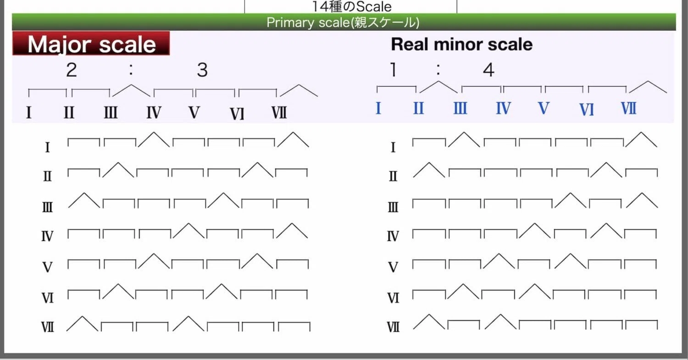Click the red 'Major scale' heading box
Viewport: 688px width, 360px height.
91,43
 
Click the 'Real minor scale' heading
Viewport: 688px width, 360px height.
461,44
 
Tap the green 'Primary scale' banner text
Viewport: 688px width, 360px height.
343,22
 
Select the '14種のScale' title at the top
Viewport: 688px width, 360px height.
352,6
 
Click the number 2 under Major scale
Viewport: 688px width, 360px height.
72,70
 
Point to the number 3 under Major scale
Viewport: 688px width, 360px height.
202,70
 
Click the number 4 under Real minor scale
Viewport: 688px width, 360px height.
488,70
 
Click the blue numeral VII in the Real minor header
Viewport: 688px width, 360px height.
628,108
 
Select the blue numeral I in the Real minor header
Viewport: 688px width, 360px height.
378,108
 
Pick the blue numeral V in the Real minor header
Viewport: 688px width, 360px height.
544,108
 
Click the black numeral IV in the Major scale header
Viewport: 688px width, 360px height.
154,112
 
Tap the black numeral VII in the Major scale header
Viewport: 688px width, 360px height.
279,112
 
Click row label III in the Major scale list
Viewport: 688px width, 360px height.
47,207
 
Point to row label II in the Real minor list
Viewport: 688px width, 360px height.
393,176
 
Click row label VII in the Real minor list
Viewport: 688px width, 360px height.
393,327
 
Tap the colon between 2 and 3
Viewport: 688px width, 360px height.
131,69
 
